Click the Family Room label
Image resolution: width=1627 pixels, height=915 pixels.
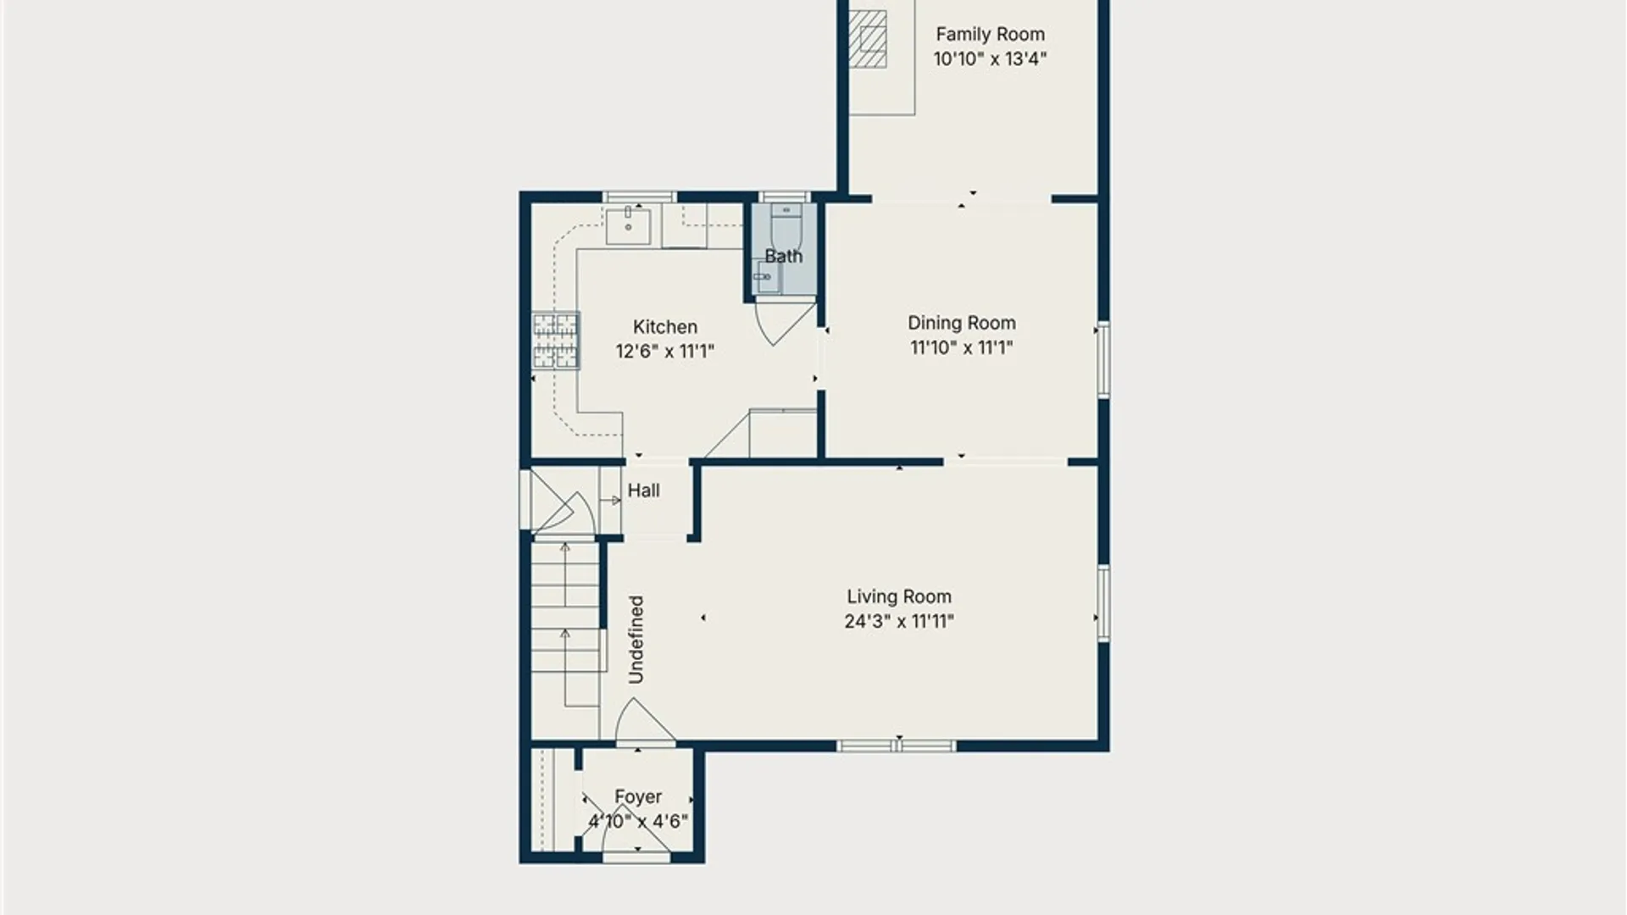pos(990,35)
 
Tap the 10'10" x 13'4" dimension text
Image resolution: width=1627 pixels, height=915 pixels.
pos(990,59)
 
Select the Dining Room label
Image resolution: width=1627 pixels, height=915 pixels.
pos(962,323)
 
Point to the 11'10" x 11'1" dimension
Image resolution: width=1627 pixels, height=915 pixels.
pos(962,347)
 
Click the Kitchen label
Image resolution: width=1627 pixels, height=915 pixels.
pos(665,327)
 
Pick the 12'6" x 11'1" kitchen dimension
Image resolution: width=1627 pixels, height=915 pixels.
pos(665,352)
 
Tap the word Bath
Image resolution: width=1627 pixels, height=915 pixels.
pos(784,256)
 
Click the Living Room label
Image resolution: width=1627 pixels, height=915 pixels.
pos(899,597)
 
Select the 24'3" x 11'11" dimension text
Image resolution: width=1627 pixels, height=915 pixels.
pos(899,622)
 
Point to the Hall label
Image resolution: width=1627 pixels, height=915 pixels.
pos(644,491)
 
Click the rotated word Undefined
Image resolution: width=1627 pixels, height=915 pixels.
pos(636,640)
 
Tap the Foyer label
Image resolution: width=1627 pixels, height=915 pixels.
pos(638,797)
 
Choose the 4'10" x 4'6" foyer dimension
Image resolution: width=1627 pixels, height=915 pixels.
pos(638,821)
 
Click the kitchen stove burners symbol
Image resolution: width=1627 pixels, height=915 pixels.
pos(556,341)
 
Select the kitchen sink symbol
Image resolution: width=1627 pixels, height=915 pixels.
pos(628,225)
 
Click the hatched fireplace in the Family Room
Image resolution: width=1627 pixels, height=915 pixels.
pos(868,39)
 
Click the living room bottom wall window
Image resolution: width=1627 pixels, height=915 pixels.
pos(897,746)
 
